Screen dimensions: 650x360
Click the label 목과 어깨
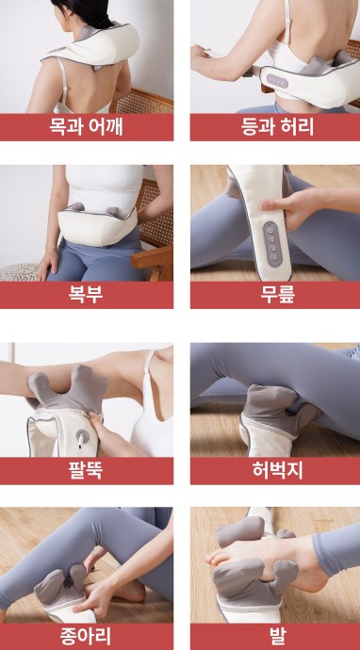point(87,126)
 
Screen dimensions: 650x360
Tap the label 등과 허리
point(274,126)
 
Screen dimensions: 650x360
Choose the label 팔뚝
point(87,470)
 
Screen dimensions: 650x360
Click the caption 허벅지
point(274,470)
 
